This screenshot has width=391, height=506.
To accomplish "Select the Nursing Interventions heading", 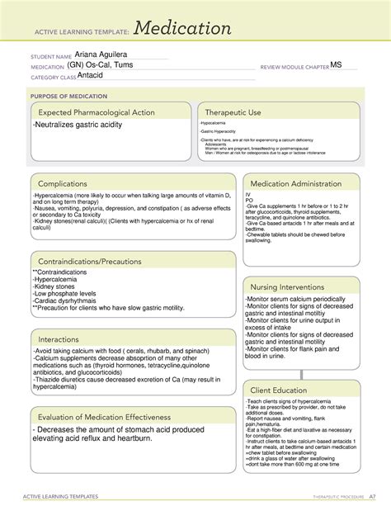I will tap(291, 286).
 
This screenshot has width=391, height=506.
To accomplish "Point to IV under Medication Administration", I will tap(247, 193).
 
